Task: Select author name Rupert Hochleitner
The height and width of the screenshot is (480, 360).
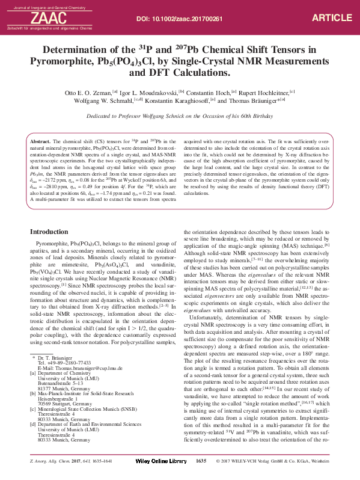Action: tap(259, 94)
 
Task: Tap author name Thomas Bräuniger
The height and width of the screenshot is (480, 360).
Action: tap(253, 102)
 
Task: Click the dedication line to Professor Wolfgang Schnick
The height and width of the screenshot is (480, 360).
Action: tap(180, 116)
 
